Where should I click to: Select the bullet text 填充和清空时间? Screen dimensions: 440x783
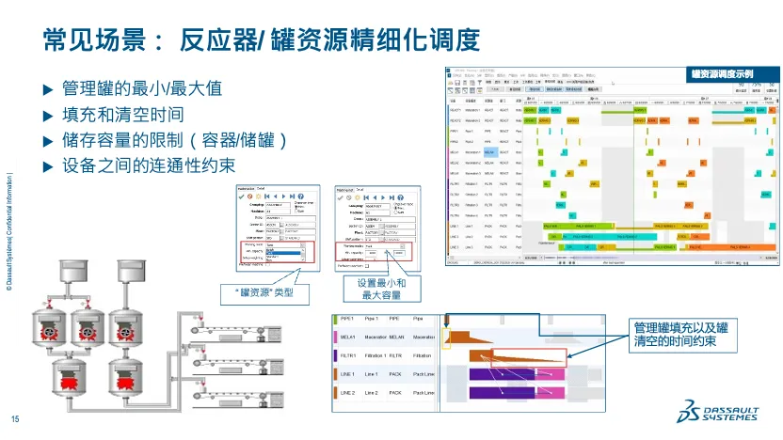[122, 115]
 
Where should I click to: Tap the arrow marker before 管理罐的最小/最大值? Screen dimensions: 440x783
[49, 90]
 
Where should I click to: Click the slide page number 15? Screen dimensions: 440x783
[14, 419]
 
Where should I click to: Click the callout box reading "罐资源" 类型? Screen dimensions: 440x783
[264, 292]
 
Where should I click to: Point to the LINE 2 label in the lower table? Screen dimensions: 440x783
[347, 391]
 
